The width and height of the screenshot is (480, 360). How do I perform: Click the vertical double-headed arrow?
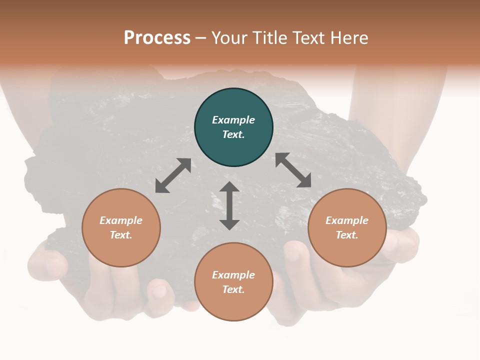pos(229,205)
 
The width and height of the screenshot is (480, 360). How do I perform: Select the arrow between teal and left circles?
pos(173,175)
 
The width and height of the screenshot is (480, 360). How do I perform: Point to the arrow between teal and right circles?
pos(293,170)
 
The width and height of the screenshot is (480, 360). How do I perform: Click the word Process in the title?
pos(157,38)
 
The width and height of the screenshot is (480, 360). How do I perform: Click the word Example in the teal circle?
pos(233,120)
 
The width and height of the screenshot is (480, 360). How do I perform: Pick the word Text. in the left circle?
pos(121,235)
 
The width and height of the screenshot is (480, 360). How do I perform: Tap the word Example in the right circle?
pos(347,220)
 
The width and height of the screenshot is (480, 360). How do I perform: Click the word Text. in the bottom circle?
pos(233,289)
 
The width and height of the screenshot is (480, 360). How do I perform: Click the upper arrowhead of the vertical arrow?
pos(229,188)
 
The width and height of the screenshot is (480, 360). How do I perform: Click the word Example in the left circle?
pos(121,220)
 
